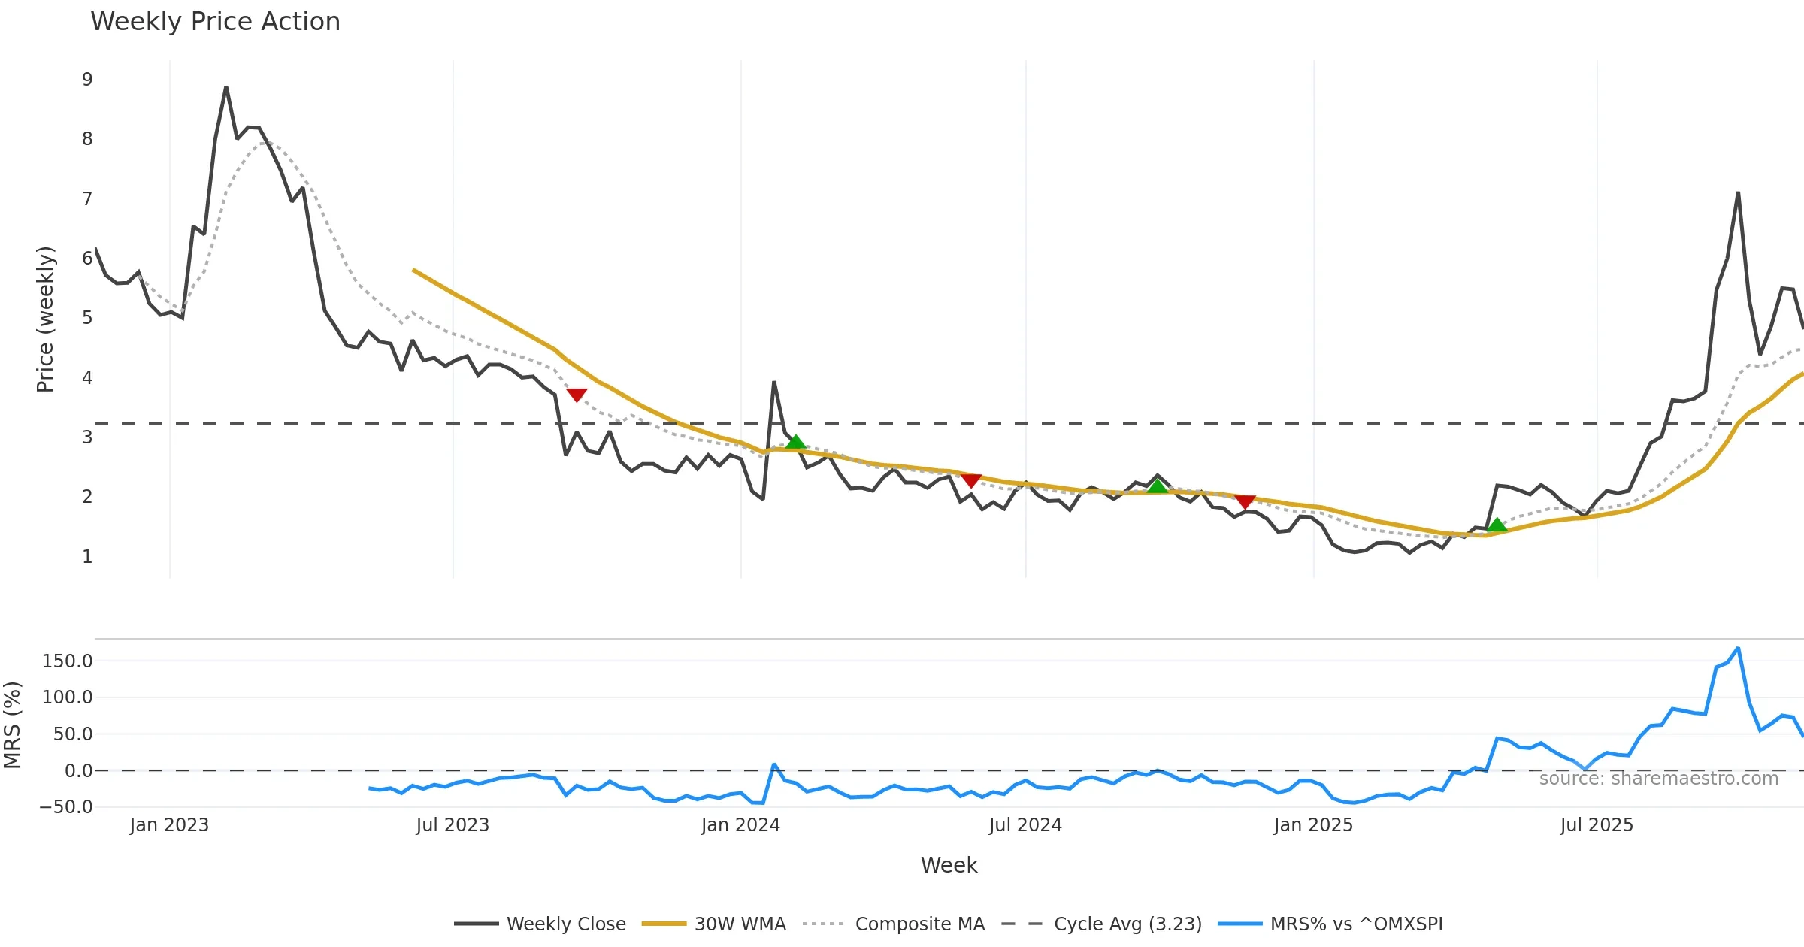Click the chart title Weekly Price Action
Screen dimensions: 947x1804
[215, 22]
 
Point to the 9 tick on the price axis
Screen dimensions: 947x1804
[87, 80]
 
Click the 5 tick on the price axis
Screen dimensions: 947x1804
[87, 318]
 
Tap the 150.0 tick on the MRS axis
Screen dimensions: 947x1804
[68, 661]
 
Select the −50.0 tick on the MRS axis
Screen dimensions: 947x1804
[66, 807]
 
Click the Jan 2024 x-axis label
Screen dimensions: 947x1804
[740, 825]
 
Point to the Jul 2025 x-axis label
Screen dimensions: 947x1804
[1597, 825]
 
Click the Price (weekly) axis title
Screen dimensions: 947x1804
[45, 319]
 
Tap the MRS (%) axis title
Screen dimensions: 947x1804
[12, 725]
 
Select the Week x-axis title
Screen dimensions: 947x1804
[949, 865]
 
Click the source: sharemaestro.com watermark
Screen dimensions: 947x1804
[1658, 779]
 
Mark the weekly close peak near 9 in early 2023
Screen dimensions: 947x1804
[225, 87]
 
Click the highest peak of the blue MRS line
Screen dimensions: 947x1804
[1738, 648]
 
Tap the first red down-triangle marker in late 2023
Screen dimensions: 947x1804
[577, 395]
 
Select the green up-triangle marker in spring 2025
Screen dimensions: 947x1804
[1497, 525]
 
